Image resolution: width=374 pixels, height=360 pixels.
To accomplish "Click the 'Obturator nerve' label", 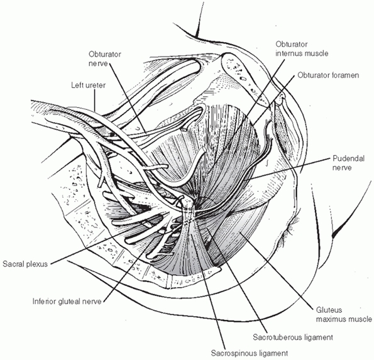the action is [x=105, y=59].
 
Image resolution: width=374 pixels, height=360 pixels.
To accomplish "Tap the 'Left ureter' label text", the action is [x=88, y=85].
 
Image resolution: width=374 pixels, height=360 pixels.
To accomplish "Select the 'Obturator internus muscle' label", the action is [x=302, y=48].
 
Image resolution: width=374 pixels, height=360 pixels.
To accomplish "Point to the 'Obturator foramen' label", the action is [x=328, y=75].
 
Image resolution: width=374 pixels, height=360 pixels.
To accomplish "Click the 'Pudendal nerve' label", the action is [x=348, y=163].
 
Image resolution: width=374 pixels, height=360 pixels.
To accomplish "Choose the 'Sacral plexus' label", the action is [x=25, y=264].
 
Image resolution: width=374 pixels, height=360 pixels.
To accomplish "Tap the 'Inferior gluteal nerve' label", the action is [x=67, y=302].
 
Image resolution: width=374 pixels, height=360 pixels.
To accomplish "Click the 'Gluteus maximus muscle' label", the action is [x=344, y=315].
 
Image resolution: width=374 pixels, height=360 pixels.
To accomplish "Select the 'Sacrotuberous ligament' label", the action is [x=293, y=337].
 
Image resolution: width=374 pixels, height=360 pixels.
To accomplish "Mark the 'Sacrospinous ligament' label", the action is [x=250, y=353].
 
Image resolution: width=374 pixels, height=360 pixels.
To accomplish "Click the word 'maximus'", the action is [x=331, y=319].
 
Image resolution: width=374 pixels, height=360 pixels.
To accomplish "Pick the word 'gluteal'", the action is [x=70, y=302].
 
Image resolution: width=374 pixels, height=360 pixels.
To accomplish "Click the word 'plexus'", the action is [x=37, y=264].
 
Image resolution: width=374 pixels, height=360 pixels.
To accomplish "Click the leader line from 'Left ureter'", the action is [x=95, y=100].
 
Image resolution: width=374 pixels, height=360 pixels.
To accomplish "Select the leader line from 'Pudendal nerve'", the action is [x=288, y=170].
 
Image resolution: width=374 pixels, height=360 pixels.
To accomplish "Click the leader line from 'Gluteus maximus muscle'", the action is [x=276, y=270].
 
